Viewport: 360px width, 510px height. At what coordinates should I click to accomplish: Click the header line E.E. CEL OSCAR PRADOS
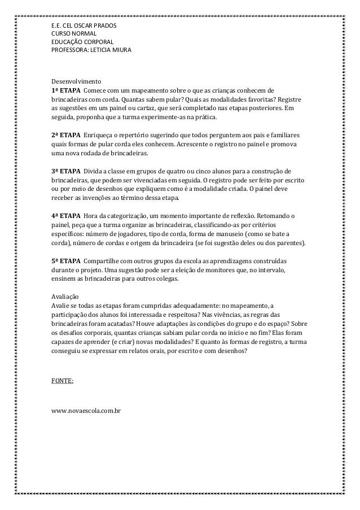click(82, 25)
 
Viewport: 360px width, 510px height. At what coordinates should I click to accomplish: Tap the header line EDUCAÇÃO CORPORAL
click(82, 42)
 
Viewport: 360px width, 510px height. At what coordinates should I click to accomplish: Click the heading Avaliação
click(65, 297)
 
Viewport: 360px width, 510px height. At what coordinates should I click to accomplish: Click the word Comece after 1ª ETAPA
click(95, 91)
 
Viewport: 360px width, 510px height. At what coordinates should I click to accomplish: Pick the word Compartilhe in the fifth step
click(102, 261)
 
